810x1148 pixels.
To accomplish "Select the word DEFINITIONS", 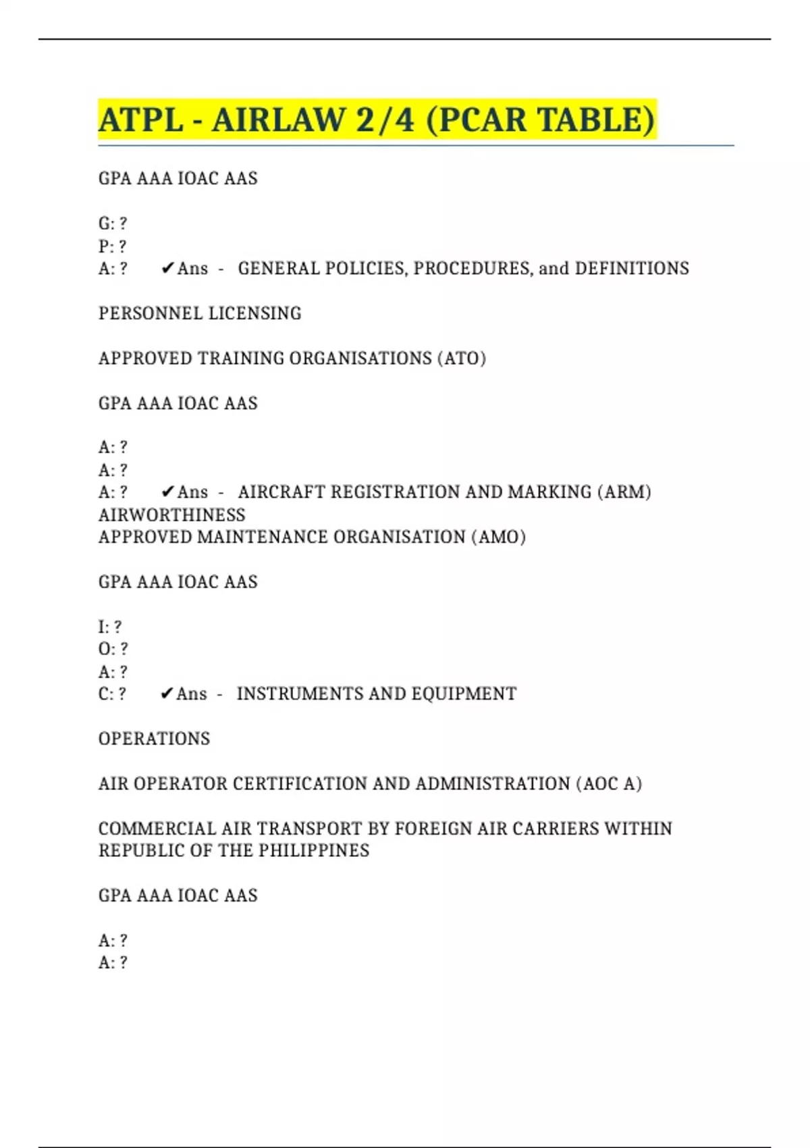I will tap(632, 269).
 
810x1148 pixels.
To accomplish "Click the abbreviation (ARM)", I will tap(624, 492).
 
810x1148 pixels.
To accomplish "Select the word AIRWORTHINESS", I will tap(172, 515).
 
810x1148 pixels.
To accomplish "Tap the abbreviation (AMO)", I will tap(499, 538).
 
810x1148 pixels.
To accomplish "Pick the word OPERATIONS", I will tap(154, 739).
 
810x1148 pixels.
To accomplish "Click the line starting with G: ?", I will tap(113, 224).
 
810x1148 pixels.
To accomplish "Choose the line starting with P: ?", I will tap(112, 246).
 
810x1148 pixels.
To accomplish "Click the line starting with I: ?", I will tap(110, 627).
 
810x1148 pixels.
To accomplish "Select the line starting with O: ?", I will tap(113, 649).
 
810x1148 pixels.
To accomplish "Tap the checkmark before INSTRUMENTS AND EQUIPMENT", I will tap(167, 694).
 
